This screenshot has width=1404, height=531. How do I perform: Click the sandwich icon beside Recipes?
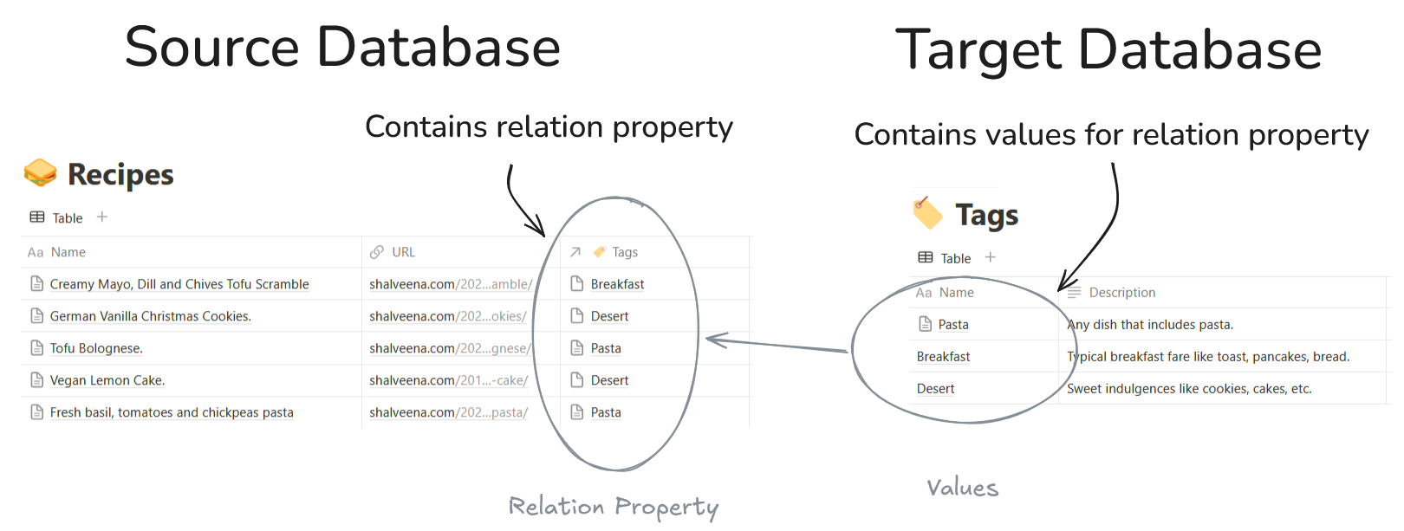pyautogui.click(x=40, y=173)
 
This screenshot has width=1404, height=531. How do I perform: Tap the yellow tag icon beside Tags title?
pyautogui.click(x=927, y=213)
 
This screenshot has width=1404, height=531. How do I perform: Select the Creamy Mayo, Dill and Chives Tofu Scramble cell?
pyautogui.click(x=179, y=284)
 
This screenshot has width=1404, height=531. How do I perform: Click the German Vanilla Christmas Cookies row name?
pyautogui.click(x=150, y=316)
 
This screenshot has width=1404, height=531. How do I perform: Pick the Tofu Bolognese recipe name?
pyautogui.click(x=96, y=348)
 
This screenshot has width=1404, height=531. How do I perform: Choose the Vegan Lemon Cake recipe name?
pyautogui.click(x=107, y=380)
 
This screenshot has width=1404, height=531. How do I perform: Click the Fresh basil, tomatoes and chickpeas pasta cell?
pyautogui.click(x=172, y=412)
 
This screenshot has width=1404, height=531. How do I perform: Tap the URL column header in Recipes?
pyautogui.click(x=403, y=252)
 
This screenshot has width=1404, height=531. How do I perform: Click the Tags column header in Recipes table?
pyautogui.click(x=624, y=252)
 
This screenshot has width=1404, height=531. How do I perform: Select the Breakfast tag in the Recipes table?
pyautogui.click(x=617, y=284)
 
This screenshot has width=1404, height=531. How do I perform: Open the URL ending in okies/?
pyautogui.click(x=448, y=316)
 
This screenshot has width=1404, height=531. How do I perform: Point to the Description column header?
pyautogui.click(x=1121, y=293)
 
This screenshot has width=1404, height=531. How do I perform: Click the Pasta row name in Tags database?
pyautogui.click(x=953, y=325)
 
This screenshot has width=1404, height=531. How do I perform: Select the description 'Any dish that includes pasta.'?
pyautogui.click(x=1150, y=325)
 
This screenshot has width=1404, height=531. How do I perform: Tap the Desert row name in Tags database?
pyautogui.click(x=935, y=389)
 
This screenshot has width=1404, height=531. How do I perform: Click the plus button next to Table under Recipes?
pyautogui.click(x=102, y=217)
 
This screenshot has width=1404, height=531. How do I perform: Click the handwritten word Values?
pyautogui.click(x=962, y=488)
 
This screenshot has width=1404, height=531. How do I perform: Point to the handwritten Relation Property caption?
pyautogui.click(x=613, y=507)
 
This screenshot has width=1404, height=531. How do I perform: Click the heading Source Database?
pyautogui.click(x=342, y=47)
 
